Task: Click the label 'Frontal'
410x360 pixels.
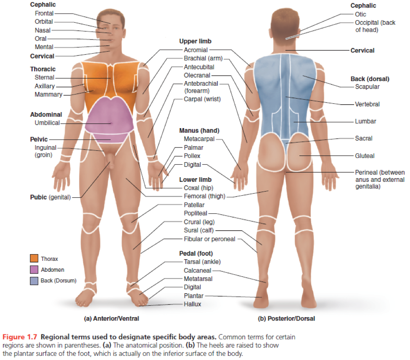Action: click(x=44, y=13)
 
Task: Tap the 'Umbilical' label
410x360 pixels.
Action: click(x=47, y=123)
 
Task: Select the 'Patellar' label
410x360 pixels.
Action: click(x=194, y=205)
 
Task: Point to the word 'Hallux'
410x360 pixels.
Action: click(x=192, y=304)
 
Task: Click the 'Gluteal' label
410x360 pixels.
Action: click(x=364, y=156)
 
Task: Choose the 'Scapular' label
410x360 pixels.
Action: click(x=367, y=87)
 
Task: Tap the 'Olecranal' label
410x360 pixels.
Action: click(x=197, y=76)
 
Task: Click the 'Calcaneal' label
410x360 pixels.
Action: click(x=197, y=271)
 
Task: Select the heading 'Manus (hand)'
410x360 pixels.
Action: click(x=199, y=131)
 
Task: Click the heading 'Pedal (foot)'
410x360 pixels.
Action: click(x=196, y=253)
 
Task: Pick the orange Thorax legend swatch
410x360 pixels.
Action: click(x=34, y=259)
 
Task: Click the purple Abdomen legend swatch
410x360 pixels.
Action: click(x=34, y=269)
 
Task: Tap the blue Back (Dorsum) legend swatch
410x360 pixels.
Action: click(x=34, y=280)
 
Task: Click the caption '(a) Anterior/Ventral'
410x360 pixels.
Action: click(x=111, y=318)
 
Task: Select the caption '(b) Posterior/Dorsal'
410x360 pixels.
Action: click(x=286, y=318)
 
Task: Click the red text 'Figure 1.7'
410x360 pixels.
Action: click(x=19, y=337)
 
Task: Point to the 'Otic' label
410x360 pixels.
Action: click(x=360, y=14)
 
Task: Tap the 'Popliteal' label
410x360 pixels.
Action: click(x=196, y=213)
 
